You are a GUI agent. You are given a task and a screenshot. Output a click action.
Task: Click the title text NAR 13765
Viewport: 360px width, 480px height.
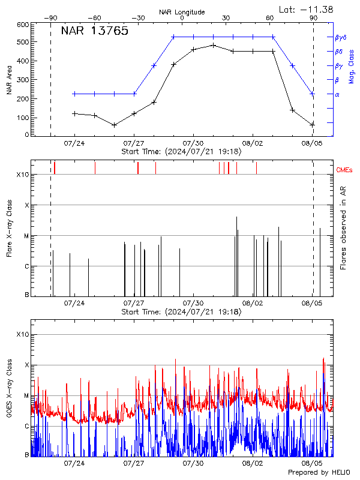[x=94, y=31]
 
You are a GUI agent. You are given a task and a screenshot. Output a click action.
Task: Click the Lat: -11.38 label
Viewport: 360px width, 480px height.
[x=307, y=9]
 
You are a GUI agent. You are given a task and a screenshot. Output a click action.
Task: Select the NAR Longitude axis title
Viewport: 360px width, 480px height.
[x=182, y=12]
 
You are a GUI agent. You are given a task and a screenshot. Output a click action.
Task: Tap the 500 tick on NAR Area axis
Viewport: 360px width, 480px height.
[x=23, y=43]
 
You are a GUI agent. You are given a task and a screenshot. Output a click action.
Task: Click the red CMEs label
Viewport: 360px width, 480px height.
[x=344, y=170]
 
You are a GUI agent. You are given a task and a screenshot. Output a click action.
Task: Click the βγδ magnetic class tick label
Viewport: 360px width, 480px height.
[x=340, y=37]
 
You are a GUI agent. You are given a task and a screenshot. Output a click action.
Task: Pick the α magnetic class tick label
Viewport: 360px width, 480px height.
[x=337, y=94]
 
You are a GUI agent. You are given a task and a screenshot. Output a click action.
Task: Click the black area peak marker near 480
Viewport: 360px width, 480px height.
[x=214, y=45]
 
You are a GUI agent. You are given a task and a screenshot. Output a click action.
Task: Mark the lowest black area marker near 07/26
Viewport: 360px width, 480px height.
[x=114, y=125]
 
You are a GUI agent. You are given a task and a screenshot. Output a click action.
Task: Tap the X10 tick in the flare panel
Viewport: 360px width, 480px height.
[x=22, y=175]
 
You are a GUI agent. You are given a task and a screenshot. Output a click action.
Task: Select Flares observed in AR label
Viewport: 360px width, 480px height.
[x=343, y=227]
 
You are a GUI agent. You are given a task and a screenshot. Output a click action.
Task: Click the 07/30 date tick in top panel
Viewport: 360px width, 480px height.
[x=193, y=144]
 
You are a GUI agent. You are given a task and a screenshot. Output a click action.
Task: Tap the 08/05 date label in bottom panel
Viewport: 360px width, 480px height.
[x=312, y=463]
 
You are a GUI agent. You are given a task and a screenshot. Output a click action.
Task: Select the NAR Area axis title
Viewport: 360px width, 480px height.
[x=9, y=79]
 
